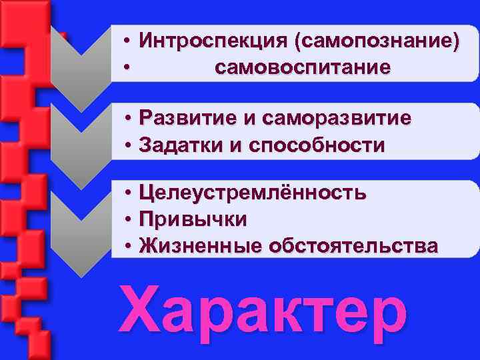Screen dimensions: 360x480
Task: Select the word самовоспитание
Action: [303, 67]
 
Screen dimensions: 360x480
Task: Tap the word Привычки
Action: [193, 219]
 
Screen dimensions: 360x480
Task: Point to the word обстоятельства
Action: [353, 245]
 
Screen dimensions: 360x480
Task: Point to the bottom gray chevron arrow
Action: [80, 227]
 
